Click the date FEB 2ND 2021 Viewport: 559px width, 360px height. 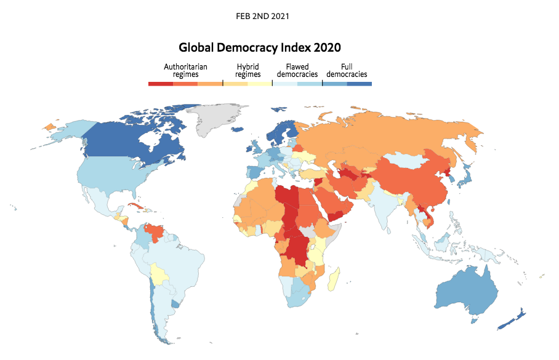[x=262, y=15]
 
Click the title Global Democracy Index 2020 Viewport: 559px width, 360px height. [x=260, y=47]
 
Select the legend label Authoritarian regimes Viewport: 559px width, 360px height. [x=185, y=70]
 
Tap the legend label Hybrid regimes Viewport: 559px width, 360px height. [x=248, y=70]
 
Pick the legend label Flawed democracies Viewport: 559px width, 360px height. [x=297, y=70]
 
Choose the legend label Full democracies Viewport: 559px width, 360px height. [x=347, y=70]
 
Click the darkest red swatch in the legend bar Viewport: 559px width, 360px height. [x=161, y=84]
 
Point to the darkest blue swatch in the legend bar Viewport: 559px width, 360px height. [x=360, y=84]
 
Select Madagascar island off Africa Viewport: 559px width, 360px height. [x=335, y=279]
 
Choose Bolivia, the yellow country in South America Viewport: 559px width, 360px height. [x=161, y=274]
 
